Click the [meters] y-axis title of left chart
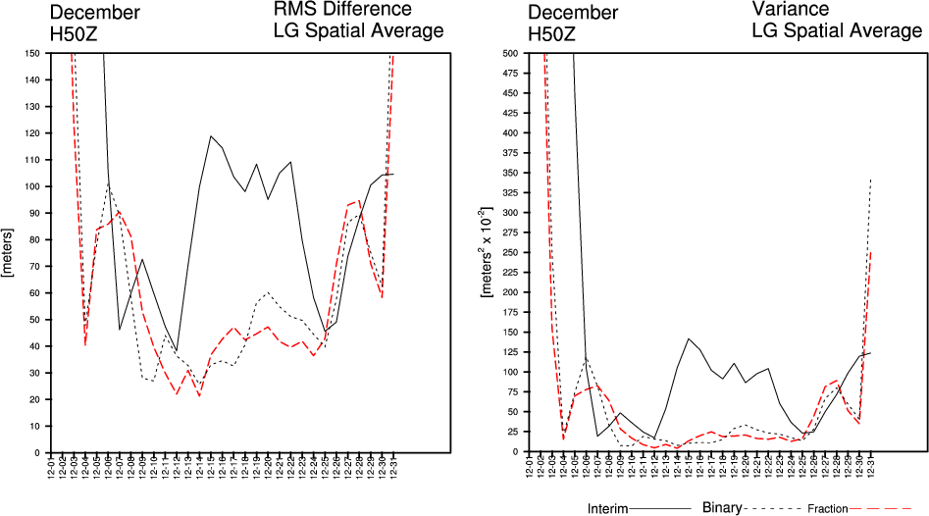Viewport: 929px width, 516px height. (x=8, y=252)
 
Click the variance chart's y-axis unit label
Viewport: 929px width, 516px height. (x=487, y=252)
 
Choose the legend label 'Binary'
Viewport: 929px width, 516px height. (x=723, y=508)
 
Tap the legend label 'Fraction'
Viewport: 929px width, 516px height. (x=828, y=509)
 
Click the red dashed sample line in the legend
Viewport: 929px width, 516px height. (x=885, y=509)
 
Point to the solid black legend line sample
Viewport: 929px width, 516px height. (x=665, y=509)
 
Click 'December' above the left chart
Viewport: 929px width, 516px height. (x=94, y=13)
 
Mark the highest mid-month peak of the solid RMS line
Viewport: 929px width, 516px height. (x=211, y=136)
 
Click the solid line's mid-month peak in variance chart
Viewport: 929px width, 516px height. (x=690, y=338)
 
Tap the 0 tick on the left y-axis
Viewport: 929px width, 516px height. (x=35, y=452)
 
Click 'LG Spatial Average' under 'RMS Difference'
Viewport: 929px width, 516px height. (x=358, y=31)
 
